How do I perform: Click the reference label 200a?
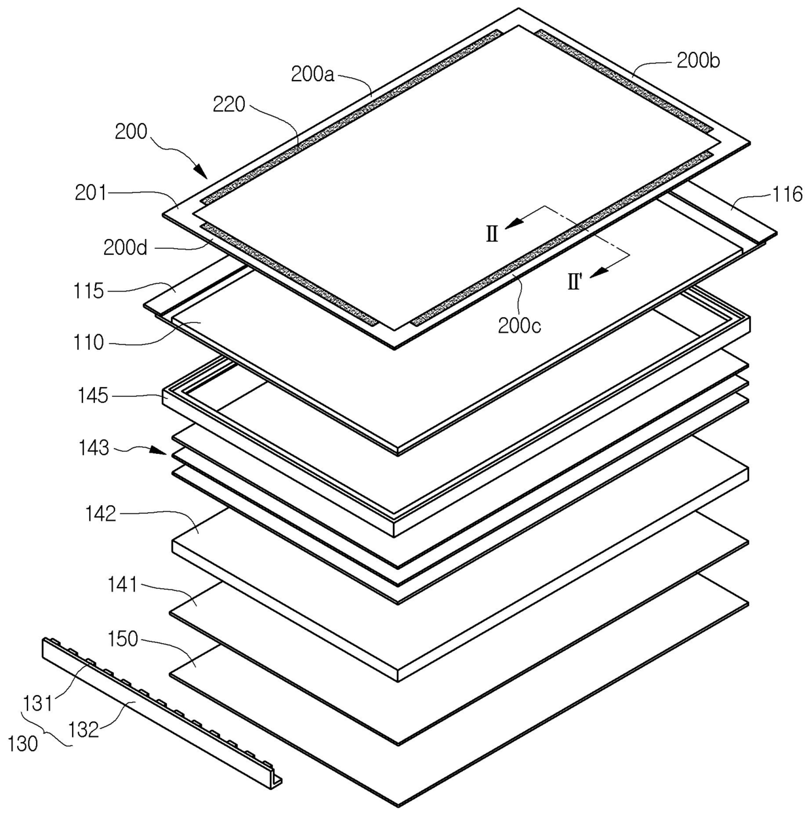(x=312, y=74)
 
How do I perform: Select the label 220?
(x=229, y=104)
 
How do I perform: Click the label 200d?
(x=125, y=248)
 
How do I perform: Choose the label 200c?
(x=519, y=325)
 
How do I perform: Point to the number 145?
(x=92, y=396)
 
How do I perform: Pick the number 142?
(x=100, y=514)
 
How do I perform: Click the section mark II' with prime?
(x=575, y=283)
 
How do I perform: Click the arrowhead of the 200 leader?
(x=204, y=174)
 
